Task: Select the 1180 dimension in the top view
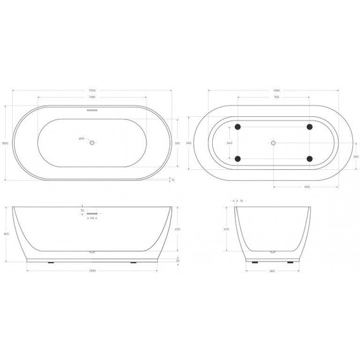coord(93,97)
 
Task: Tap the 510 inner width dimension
coord(177,143)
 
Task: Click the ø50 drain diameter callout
coord(81,139)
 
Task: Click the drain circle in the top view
coord(93,143)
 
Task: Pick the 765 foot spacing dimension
coord(273,97)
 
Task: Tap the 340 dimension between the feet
coord(229,143)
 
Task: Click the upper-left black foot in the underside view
coord(237,127)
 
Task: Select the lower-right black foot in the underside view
coord(309,159)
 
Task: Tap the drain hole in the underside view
coord(273,143)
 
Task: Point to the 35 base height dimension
coord(178,260)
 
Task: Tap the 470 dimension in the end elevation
coord(226,230)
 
